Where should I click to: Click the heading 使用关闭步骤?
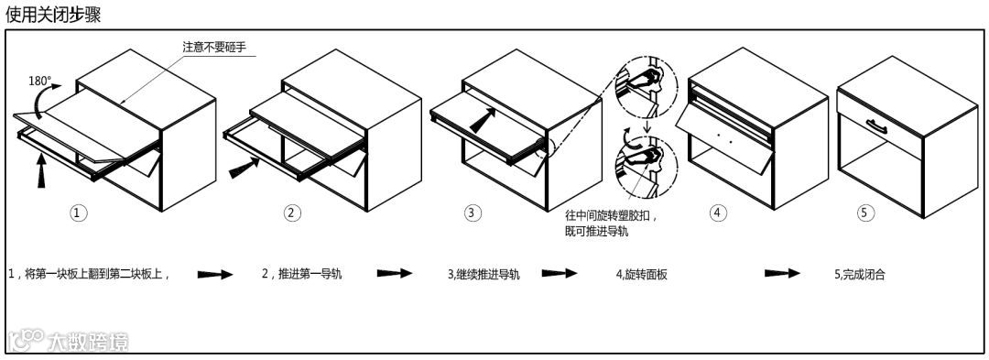click(x=53, y=15)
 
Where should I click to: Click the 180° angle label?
click(x=40, y=82)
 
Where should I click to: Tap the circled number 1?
click(x=78, y=213)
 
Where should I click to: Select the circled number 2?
click(x=290, y=213)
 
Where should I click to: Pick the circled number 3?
click(x=473, y=213)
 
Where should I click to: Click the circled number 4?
click(x=715, y=213)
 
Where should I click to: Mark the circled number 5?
click(x=866, y=213)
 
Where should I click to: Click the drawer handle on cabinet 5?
click(x=876, y=126)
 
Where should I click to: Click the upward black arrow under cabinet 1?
click(x=41, y=171)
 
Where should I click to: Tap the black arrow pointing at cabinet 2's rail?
click(x=244, y=169)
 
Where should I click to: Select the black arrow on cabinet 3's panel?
click(x=483, y=119)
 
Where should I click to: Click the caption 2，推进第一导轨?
click(x=302, y=274)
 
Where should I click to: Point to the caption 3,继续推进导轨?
click(x=484, y=274)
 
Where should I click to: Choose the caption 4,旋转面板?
click(x=641, y=274)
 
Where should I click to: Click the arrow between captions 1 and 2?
click(x=215, y=274)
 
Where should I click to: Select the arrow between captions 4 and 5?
click(x=782, y=274)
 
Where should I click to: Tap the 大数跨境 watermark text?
click(x=87, y=343)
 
